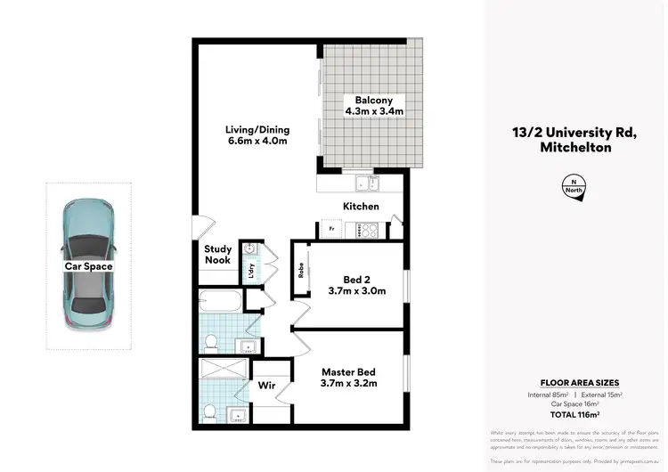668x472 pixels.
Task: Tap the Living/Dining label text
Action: tap(257, 129)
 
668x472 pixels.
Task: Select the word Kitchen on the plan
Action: tap(362, 207)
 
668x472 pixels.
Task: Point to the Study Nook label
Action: tap(218, 255)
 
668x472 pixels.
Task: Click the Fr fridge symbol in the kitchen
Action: tap(331, 230)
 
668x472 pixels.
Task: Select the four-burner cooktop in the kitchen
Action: tap(367, 230)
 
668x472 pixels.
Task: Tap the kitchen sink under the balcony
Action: tap(365, 184)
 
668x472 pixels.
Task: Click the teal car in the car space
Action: tap(86, 264)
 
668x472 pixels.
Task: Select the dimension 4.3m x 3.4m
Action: tap(374, 112)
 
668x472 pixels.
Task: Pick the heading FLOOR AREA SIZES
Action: tap(574, 382)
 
